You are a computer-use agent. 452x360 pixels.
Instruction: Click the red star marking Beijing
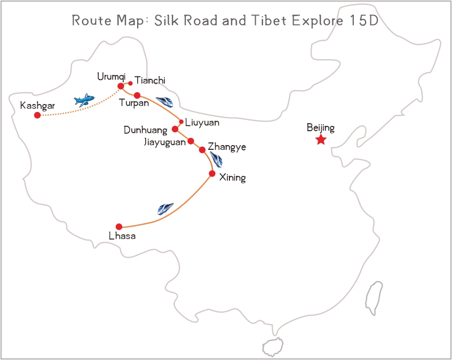coord(321,140)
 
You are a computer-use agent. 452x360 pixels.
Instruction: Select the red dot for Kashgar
coord(37,115)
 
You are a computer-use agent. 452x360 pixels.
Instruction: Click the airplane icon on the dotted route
coord(84,100)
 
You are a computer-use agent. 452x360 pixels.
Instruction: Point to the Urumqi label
coord(111,77)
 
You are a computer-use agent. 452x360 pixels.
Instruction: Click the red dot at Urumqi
coord(121,86)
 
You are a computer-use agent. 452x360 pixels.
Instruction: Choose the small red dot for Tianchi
coord(130,83)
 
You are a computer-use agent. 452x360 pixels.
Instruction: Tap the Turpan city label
coord(134,103)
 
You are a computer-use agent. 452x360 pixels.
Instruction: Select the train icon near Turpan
coord(164,101)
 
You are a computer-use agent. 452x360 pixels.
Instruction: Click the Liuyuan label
coord(202,122)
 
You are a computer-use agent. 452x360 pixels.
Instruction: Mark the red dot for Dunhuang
coord(175,129)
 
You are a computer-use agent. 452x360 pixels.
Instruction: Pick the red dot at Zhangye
coord(202,150)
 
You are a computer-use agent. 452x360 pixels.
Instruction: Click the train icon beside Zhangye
coord(217,159)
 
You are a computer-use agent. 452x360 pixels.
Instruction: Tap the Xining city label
coord(233,178)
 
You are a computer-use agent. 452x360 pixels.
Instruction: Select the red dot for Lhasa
coord(119,227)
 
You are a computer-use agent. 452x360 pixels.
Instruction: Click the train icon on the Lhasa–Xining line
coord(165,209)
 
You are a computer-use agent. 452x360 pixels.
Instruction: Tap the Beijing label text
coord(321,128)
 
